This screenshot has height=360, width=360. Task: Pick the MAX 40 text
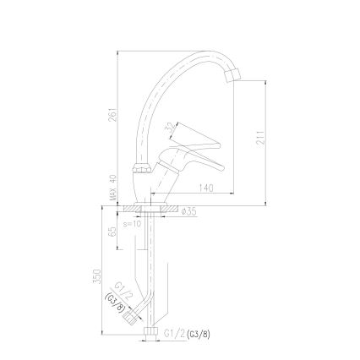click(112, 187)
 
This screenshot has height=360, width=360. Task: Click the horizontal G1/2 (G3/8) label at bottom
click(188, 334)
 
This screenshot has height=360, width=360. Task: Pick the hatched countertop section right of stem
click(170, 206)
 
